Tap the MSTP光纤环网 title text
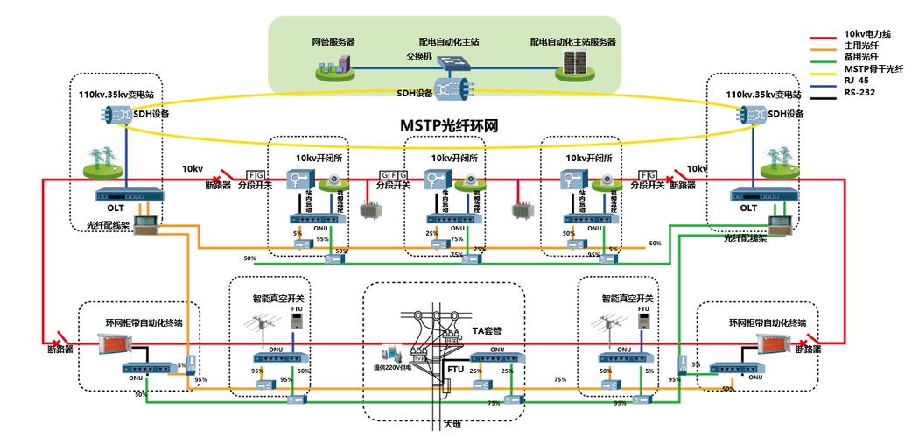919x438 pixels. [x=448, y=125]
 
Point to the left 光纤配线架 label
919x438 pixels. [x=107, y=225]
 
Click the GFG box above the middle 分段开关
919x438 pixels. [x=391, y=174]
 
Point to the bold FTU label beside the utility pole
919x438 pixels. [x=455, y=370]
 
